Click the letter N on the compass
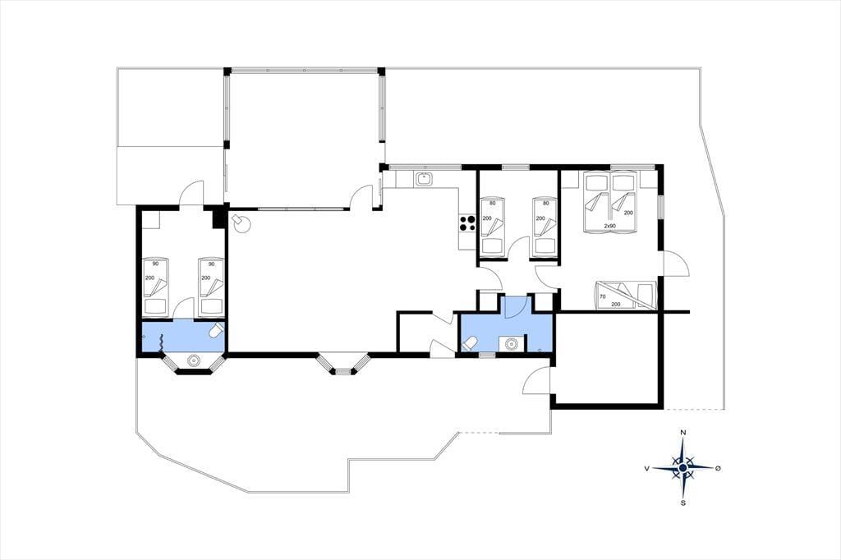pos(682,433)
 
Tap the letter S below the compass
pos(682,503)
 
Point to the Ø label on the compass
pos(718,468)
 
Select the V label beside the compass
pos(647,468)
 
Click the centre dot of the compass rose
pos(682,468)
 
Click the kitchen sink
pos(424,179)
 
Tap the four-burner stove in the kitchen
pos(467,223)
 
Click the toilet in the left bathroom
pos(217,329)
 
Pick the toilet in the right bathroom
pos(469,342)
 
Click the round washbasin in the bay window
pos(193,361)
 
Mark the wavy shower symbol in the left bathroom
pos(162,342)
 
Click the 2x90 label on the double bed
pos(610,226)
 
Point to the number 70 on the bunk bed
pos(602,296)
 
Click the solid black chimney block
pos(218,218)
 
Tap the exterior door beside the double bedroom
pos(675,264)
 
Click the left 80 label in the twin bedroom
pos(493,204)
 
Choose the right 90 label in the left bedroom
pos(211,264)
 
